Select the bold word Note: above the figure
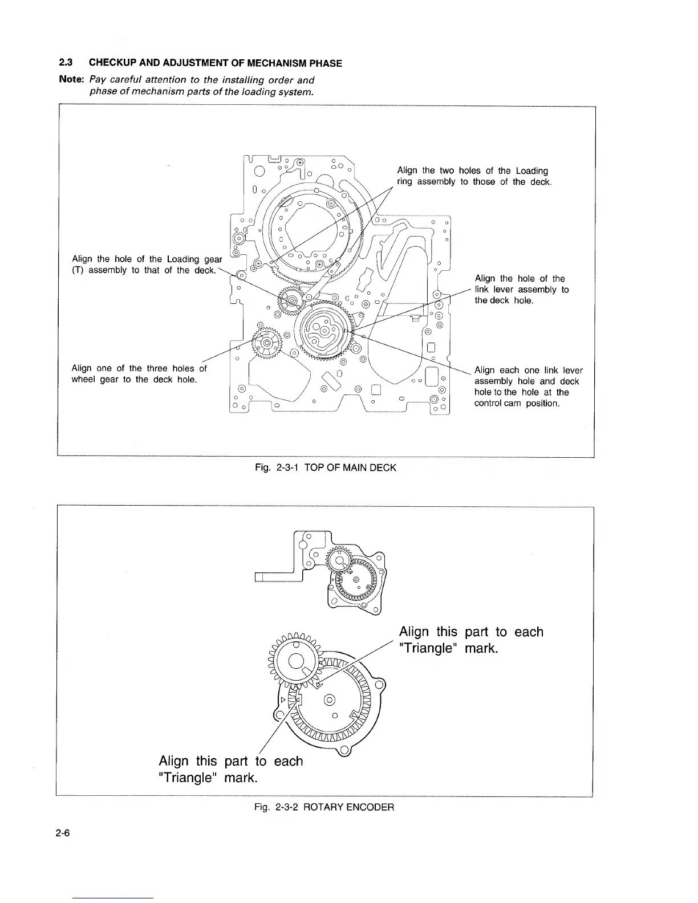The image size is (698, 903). (72, 80)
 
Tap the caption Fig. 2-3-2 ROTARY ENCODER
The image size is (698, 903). (324, 807)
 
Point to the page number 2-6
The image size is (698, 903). (63, 833)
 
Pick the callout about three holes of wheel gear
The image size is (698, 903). (139, 374)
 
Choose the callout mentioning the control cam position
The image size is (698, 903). (528, 387)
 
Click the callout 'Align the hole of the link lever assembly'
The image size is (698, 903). (521, 290)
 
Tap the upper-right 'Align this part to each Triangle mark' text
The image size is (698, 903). (471, 640)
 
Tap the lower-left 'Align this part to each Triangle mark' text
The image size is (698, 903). (230, 770)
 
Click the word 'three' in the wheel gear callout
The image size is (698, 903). (158, 368)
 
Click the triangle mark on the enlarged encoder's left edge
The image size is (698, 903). (281, 698)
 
